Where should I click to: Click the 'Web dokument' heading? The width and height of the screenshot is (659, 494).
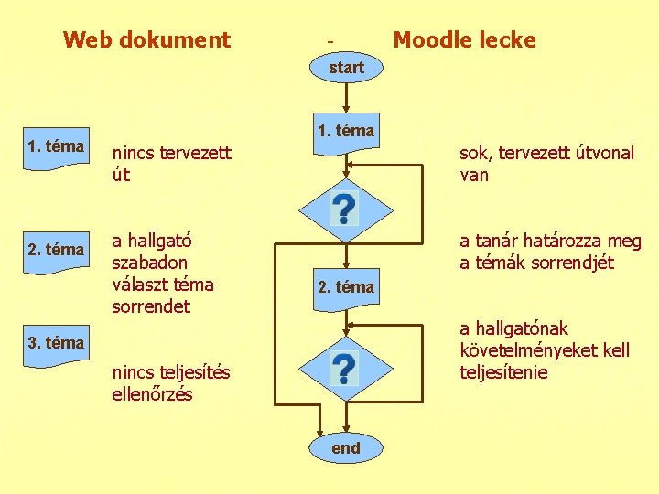(146, 40)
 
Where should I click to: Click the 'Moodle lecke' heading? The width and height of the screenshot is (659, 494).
(464, 40)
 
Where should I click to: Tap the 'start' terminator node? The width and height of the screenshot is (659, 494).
(346, 68)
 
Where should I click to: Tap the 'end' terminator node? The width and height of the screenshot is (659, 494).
(346, 448)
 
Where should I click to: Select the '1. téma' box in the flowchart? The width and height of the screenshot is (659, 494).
(346, 131)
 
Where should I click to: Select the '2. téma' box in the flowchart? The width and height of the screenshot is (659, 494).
(346, 287)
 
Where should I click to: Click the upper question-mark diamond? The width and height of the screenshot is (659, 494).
(344, 209)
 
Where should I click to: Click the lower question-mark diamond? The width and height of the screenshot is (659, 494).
(344, 368)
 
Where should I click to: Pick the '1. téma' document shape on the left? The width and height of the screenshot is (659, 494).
(57, 147)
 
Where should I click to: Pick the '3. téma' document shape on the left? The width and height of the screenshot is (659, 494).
(57, 344)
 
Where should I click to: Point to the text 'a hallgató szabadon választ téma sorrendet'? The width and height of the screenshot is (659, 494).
(163, 274)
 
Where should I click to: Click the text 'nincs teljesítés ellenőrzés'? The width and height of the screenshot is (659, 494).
(171, 383)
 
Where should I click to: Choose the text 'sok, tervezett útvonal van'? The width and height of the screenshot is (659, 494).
(546, 164)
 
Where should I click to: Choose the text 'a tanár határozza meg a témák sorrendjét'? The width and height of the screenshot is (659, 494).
(550, 252)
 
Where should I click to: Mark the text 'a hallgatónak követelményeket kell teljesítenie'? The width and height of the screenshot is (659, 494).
(544, 350)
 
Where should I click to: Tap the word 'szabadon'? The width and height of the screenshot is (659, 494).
(149, 263)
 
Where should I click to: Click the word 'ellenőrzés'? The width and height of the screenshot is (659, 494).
(152, 394)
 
